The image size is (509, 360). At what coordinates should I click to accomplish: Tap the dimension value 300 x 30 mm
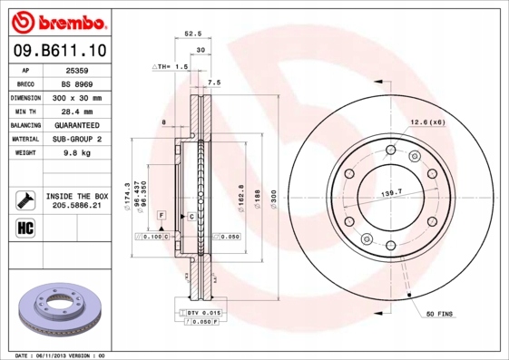point(74,97)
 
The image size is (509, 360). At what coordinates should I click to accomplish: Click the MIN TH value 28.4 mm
point(74,111)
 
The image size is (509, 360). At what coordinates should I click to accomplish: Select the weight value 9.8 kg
point(74,153)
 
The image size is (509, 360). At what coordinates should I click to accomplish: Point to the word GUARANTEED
point(74,125)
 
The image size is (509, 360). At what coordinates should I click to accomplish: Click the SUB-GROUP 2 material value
point(74,139)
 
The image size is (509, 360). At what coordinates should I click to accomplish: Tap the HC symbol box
point(21,227)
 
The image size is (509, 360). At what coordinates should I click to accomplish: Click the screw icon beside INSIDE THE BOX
point(21,200)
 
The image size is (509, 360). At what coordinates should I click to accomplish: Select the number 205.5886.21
point(76,206)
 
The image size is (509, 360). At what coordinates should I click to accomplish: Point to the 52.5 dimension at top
point(191,34)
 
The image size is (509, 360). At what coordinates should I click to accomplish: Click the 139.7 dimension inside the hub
point(392,194)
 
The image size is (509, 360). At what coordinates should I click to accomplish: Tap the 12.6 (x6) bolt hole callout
point(426,122)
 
